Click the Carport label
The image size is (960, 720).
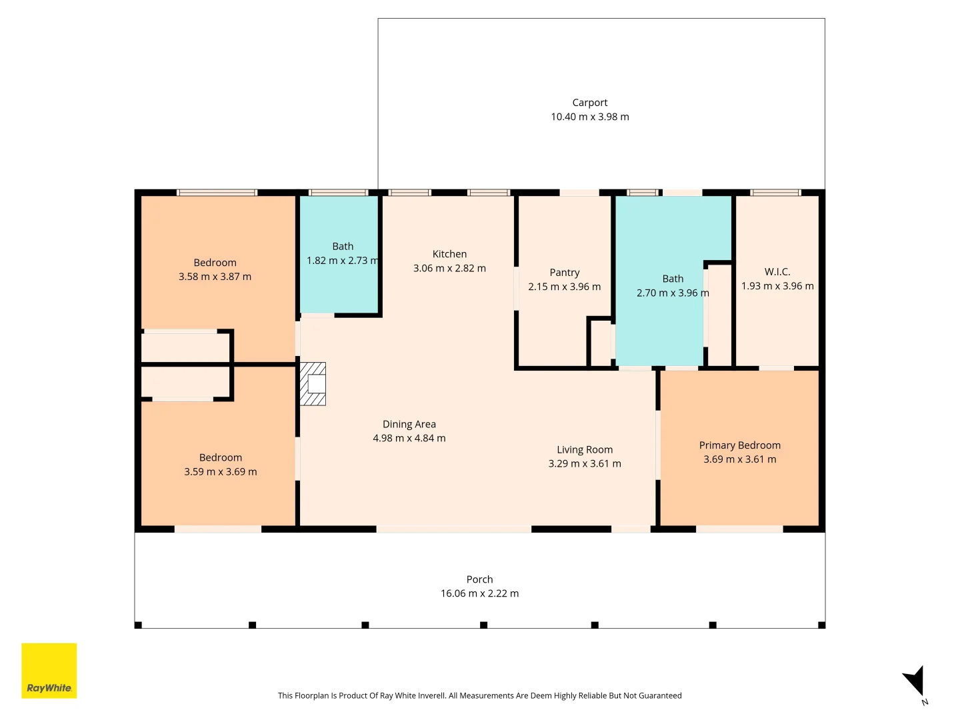click(x=589, y=103)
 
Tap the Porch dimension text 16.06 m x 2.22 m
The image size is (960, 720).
click(x=479, y=593)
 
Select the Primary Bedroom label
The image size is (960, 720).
click(x=739, y=445)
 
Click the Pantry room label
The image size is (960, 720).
click(x=564, y=273)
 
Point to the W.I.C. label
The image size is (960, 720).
click(x=777, y=271)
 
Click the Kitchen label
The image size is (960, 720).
click(x=449, y=254)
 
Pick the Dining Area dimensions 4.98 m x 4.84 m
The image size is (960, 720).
click(x=409, y=438)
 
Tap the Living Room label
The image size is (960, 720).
click(x=584, y=450)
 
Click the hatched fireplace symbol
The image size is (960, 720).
click(x=312, y=384)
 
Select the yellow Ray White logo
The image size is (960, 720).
click(x=49, y=670)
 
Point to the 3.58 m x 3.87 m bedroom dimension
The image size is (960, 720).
click(x=215, y=277)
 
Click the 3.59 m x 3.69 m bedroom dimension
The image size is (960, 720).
click(x=221, y=472)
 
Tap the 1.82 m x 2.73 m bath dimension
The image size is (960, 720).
click(x=343, y=261)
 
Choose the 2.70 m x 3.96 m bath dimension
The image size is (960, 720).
click(x=672, y=293)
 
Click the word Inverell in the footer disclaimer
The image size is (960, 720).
click(x=431, y=695)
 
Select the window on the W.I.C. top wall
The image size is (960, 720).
click(x=775, y=193)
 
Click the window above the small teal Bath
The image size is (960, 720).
click(x=338, y=193)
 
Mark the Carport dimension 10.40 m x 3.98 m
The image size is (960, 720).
click(x=589, y=117)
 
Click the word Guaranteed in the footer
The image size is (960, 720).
click(x=660, y=695)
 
